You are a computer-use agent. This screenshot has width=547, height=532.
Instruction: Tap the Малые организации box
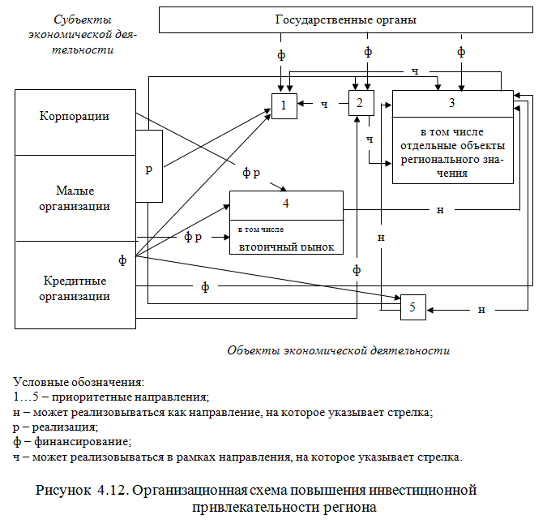(x=75, y=198)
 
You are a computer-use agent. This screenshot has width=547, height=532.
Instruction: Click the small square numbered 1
(x=284, y=105)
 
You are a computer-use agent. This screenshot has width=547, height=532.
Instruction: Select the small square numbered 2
(x=360, y=103)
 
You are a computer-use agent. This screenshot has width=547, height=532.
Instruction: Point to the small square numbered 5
(x=412, y=307)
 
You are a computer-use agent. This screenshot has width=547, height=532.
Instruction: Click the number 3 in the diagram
(x=452, y=103)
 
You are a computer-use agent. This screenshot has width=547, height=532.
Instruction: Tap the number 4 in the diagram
(x=286, y=203)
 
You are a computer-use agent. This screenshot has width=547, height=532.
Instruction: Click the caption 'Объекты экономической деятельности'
(x=338, y=350)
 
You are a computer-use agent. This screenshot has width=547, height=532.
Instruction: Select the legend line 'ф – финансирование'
(x=72, y=442)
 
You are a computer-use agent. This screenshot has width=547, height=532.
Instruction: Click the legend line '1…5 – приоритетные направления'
(x=111, y=397)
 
